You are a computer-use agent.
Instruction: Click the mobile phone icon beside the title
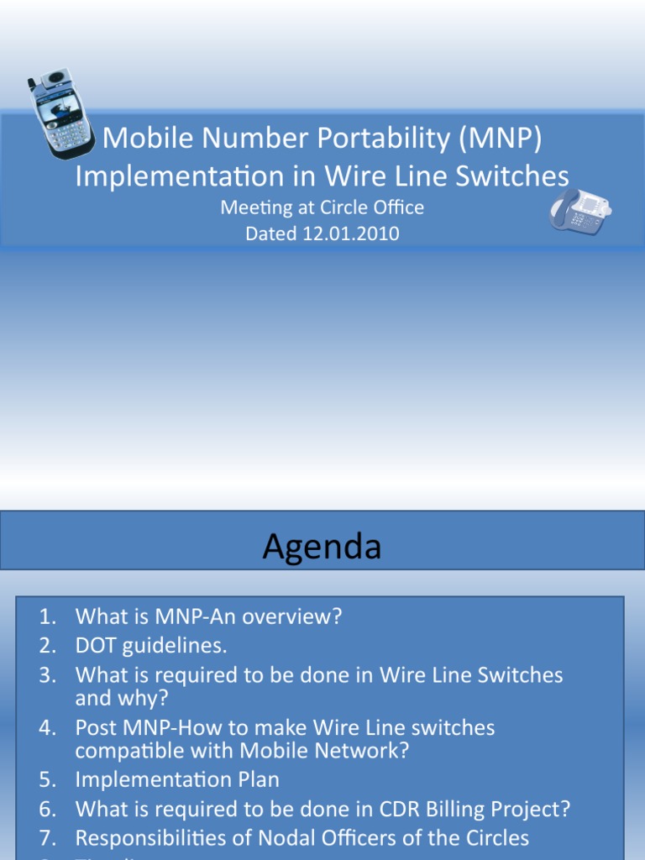(x=60, y=113)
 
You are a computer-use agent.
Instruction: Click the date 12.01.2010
(x=351, y=234)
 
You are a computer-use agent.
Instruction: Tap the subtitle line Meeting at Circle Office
(x=322, y=207)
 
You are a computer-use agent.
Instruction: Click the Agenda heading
(x=322, y=547)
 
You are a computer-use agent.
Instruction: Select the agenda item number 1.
(x=47, y=617)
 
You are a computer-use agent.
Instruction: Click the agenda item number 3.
(x=47, y=675)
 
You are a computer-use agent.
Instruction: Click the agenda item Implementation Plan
(x=177, y=779)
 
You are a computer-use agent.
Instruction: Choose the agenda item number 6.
(x=47, y=809)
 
